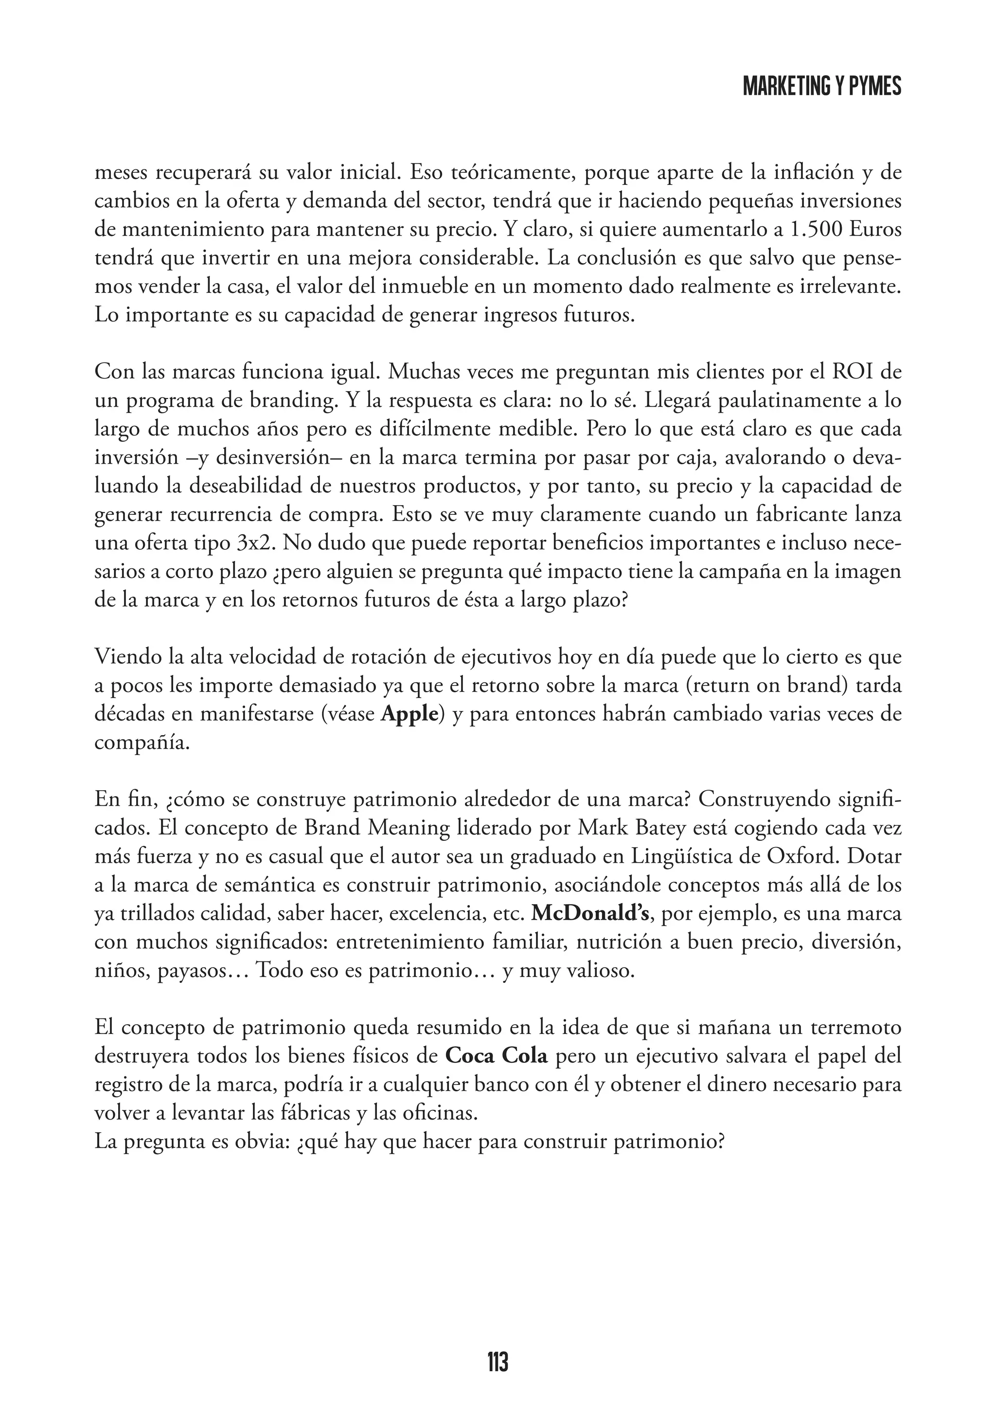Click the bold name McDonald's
[590, 914]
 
